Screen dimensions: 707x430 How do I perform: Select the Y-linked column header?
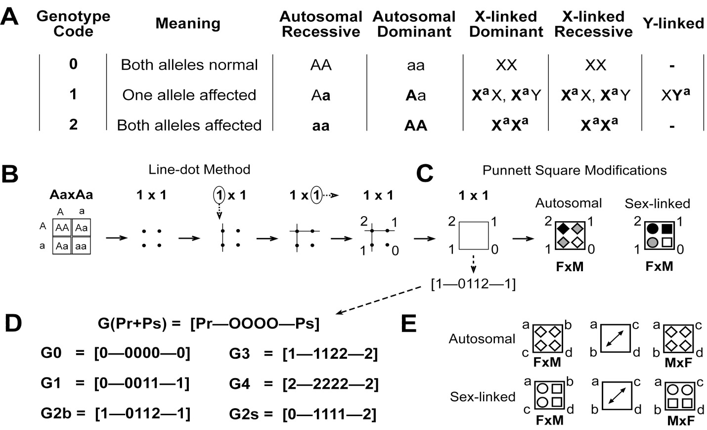[673, 23]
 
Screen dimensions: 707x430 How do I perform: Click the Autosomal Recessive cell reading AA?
[321, 65]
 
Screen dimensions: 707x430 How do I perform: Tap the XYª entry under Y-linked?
[675, 95]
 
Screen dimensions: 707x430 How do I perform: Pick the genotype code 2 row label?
[73, 124]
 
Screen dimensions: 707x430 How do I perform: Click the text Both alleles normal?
[189, 65]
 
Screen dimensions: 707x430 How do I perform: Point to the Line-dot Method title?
[199, 170]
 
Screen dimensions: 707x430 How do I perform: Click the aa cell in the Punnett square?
[81, 245]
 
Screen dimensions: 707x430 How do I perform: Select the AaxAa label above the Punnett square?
[71, 194]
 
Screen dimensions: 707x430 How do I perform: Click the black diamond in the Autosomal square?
[563, 228]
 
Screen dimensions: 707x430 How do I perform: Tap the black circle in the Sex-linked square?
[653, 229]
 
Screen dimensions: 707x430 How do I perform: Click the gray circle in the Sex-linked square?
[653, 242]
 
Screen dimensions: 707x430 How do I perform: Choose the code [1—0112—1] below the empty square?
[474, 284]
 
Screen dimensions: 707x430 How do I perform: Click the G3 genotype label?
[240, 353]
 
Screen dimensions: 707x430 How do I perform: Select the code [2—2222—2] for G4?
[330, 384]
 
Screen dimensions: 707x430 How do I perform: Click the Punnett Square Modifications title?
[574, 170]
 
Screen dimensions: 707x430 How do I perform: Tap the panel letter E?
[409, 324]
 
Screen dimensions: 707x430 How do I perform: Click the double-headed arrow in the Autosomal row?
[615, 338]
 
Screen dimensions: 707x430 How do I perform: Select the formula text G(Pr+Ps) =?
[139, 324]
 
